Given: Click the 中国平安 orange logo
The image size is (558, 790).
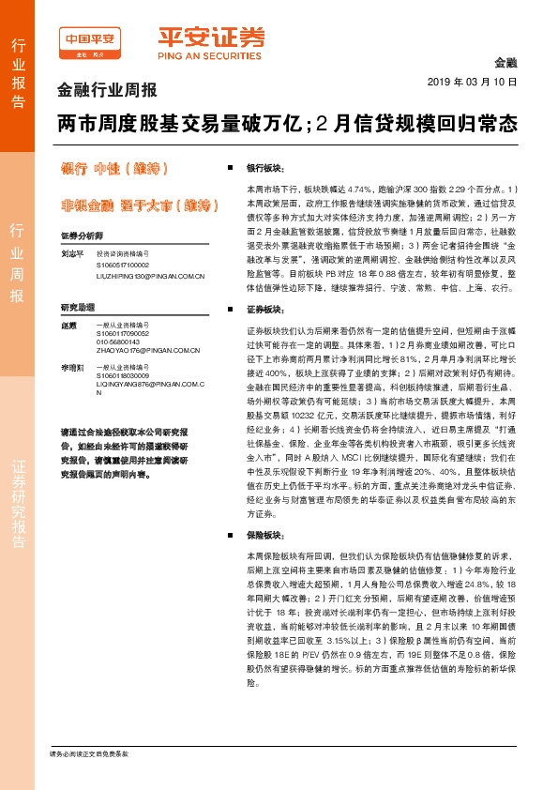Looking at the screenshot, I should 90,43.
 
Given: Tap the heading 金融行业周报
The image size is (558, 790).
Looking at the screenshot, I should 107,91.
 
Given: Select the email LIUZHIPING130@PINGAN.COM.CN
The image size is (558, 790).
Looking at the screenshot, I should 150,277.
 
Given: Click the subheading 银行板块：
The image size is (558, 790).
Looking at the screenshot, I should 264,166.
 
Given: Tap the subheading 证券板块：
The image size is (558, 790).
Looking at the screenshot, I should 264,309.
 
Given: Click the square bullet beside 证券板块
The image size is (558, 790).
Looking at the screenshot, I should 230,309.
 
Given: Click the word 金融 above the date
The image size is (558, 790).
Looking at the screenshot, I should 505,62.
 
